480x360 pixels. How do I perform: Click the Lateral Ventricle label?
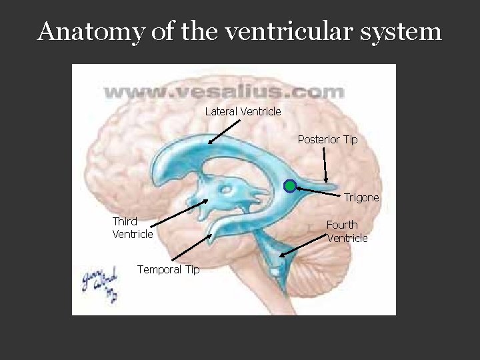coord(243,111)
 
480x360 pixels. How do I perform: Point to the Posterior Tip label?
coord(327,139)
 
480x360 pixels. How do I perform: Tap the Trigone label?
coord(361,197)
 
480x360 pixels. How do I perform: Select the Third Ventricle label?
coord(132,227)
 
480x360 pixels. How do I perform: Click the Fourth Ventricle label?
coord(347,231)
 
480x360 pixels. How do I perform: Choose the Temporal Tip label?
coord(168,269)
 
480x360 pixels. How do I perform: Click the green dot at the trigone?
coord(289,186)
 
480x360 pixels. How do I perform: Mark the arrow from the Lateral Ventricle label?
coord(223,130)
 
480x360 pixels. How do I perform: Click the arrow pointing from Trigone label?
coord(319,191)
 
